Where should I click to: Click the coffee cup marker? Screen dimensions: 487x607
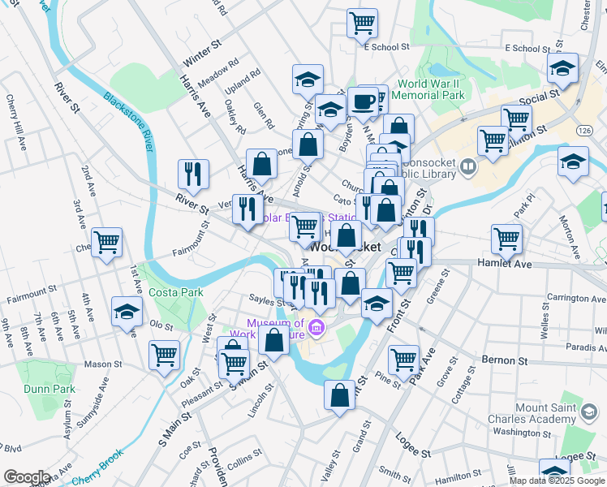363,102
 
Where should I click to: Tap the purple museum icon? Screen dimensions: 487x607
317,329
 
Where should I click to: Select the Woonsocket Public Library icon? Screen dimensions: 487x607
467,168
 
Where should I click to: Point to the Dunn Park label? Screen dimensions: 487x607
50,389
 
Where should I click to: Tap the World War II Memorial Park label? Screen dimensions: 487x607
431,89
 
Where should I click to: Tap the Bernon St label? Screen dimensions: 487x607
504,359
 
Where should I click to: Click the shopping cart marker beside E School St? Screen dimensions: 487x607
362,23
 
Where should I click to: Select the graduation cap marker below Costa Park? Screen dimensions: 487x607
127,312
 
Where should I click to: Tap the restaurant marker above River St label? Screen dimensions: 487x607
193,174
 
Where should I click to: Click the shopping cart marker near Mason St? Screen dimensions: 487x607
164,355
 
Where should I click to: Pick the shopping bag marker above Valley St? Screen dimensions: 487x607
339,395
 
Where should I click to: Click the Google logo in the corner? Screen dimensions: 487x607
27,476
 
